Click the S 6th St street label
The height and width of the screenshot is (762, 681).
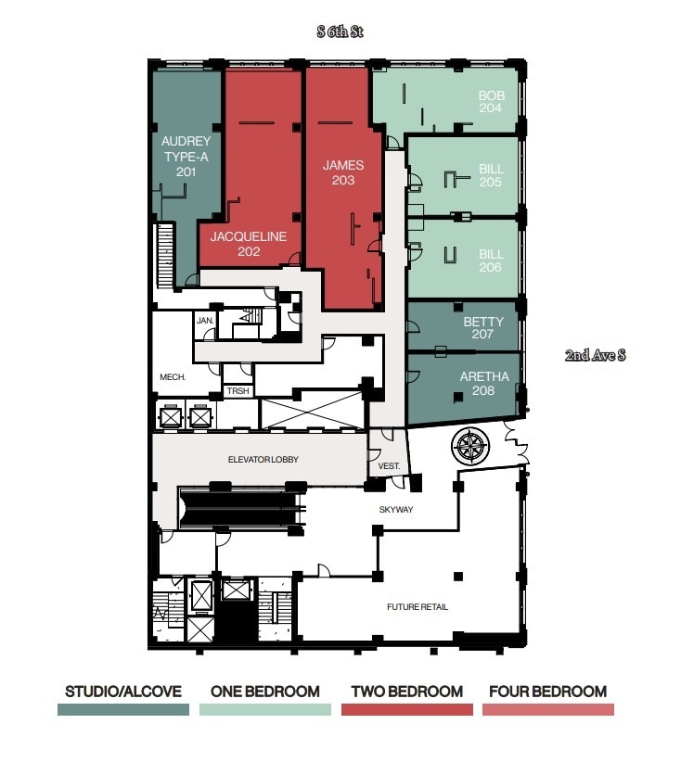coord(340,32)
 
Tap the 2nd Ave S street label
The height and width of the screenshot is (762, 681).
coord(596,355)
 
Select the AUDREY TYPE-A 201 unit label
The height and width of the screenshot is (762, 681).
coord(186,156)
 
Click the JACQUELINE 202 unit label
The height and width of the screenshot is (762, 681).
coord(248,243)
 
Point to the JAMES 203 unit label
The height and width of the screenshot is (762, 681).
coord(342,172)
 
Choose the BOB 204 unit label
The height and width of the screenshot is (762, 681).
coord(491,102)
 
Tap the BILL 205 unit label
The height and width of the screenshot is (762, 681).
coord(491,176)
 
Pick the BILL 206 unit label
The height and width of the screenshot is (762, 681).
coord(491,260)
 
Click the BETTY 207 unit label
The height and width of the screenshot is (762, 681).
coord(483,328)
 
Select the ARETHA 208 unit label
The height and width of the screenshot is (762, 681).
coord(483,384)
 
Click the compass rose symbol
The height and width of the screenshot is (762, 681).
coord(469,448)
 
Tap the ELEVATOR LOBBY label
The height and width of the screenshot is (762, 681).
coord(263,460)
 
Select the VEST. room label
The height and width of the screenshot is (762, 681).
coord(388,466)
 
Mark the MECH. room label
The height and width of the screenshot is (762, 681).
coord(173,377)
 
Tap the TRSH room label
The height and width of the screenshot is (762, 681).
coord(238,391)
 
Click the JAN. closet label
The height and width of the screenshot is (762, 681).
coord(205,321)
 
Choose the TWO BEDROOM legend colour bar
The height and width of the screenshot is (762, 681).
coord(406,709)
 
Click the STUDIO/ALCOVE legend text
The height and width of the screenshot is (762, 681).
coord(122,692)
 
